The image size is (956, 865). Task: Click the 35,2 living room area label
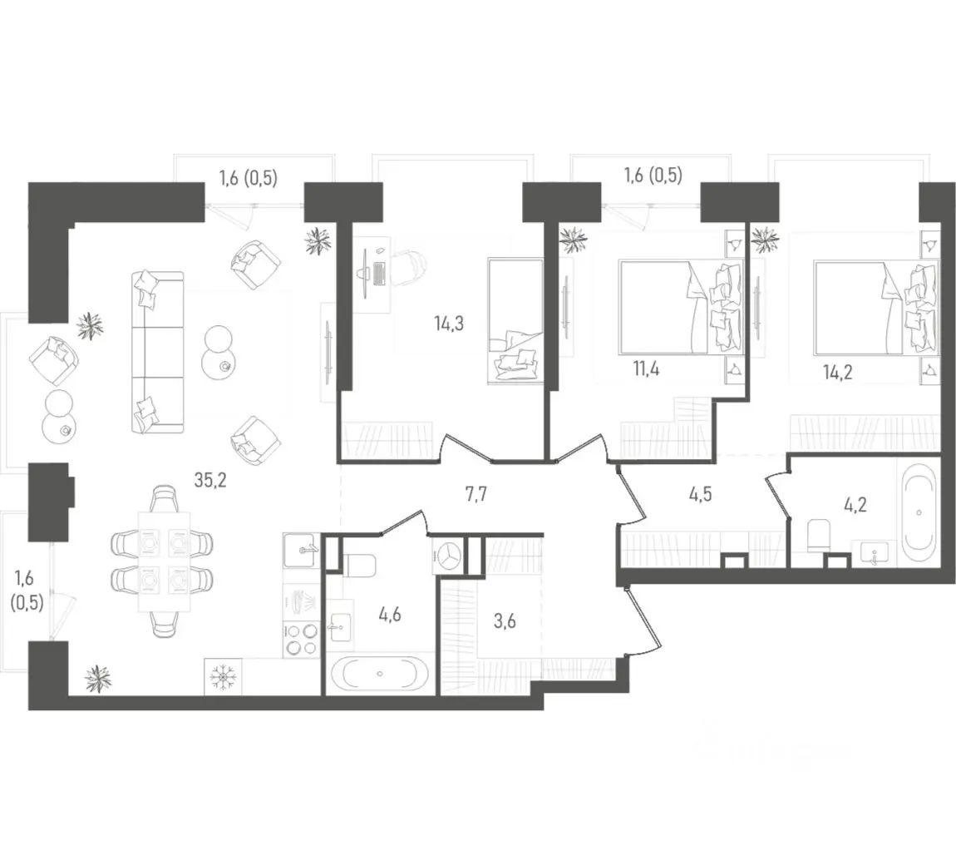coord(210,480)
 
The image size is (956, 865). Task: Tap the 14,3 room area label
coord(449,324)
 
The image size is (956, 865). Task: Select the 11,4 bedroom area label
coord(646,369)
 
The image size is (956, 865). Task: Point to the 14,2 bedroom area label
coord(837,372)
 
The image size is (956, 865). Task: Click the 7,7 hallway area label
coord(476,494)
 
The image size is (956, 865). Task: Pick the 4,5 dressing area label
coord(701,494)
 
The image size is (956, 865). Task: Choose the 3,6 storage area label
coord(505,621)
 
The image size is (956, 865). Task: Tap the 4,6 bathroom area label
coord(390,615)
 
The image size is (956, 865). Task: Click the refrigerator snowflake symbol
coord(223,676)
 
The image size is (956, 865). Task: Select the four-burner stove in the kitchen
coord(301,640)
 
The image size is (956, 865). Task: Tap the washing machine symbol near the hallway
coord(449,556)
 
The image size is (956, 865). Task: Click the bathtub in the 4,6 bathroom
coord(380,675)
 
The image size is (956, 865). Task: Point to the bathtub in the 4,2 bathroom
coord(919,513)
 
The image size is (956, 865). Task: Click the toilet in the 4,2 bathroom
coord(819,535)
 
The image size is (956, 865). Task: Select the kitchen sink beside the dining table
coord(301,551)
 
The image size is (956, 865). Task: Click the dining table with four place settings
coord(164,561)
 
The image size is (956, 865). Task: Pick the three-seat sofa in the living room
coord(157,353)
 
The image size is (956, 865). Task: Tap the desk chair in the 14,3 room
coord(411,267)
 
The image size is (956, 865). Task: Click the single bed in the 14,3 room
coord(515,321)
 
